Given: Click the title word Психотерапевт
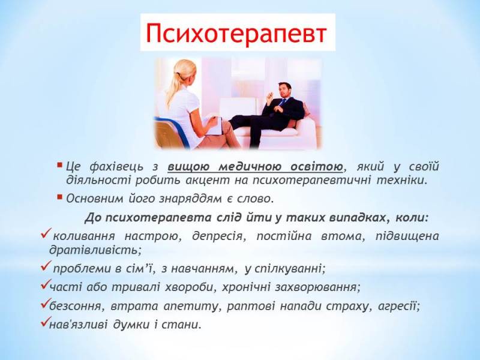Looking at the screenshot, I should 237,34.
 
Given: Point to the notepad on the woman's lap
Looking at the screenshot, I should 212,125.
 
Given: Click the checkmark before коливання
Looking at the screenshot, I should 44,235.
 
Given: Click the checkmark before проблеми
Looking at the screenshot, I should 44,266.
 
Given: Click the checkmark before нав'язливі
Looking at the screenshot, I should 43,324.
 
